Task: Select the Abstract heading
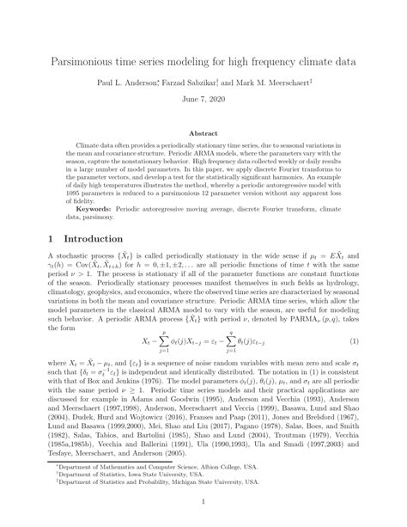(203, 134)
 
